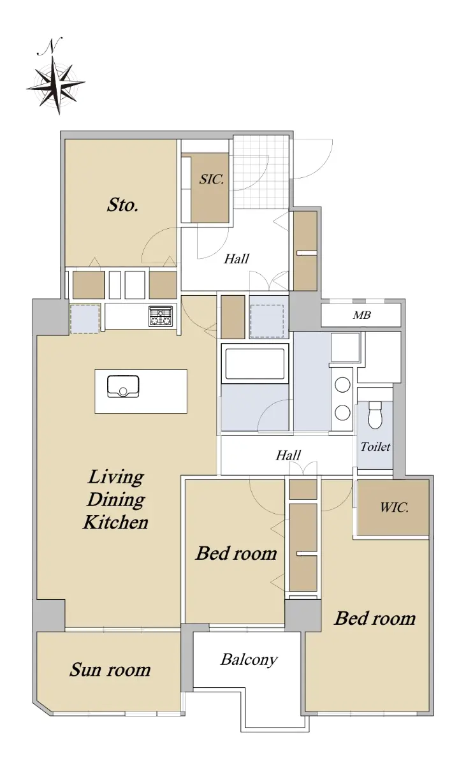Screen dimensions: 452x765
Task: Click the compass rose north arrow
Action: tap(56, 85)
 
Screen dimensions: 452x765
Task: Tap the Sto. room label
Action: tap(122, 205)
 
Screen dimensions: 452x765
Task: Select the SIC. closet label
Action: tap(212, 179)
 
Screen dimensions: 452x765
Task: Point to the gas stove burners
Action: tap(161, 316)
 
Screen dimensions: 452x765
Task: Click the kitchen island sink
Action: tap(123, 386)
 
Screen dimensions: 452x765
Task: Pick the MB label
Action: tap(362, 315)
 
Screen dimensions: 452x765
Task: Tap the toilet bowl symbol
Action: tap(375, 414)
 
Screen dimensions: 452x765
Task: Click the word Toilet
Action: tap(375, 447)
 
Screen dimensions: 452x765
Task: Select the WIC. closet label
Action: tap(394, 507)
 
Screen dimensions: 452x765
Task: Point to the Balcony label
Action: tap(249, 660)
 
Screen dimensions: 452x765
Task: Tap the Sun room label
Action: tap(110, 670)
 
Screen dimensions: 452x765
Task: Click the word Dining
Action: tap(116, 500)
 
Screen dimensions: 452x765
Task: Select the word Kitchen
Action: tap(116, 523)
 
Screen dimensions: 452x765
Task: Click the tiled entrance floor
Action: tap(261, 171)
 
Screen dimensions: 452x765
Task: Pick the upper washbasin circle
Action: tap(342, 385)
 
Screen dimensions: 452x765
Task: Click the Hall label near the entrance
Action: tap(237, 259)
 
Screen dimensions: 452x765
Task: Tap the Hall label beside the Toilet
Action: tap(288, 455)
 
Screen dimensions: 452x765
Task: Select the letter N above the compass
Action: tap(50, 46)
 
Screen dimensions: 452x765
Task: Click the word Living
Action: tap(116, 477)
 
